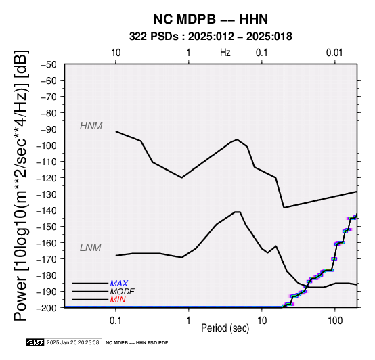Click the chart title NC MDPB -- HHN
pos(211,19)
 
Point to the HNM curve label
pos(91,126)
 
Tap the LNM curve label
pos(91,248)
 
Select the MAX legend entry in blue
pos(119,284)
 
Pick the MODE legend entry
pos(123,292)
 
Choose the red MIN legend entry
pos(118,300)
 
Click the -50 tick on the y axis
pos(49,64)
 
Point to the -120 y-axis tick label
pos(47,178)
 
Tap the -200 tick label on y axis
pos(47,308)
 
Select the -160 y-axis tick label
pos(47,243)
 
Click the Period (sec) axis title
pos(225,328)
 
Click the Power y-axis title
pos(21,185)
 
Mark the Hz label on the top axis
pos(225,53)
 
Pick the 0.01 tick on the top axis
pos(334,53)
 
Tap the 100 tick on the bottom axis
pos(335,321)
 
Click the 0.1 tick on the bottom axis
pos(116,321)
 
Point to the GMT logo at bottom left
pos(35,342)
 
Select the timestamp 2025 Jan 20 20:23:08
pos(72,342)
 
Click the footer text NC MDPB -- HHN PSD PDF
pos(137,343)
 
